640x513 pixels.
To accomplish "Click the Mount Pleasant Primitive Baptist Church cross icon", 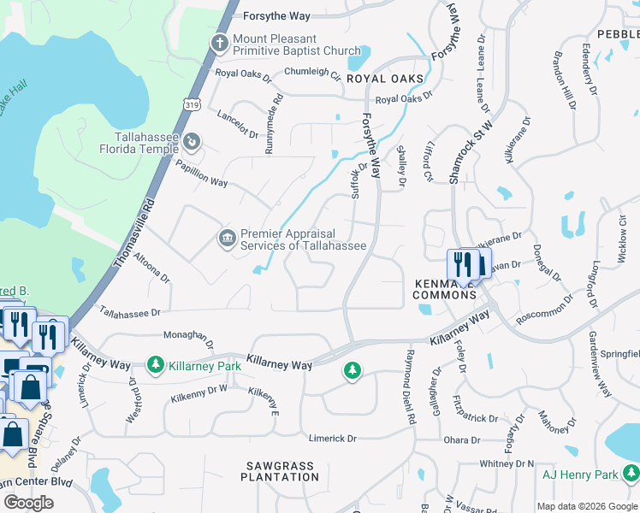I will pyautogui.click(x=220, y=41).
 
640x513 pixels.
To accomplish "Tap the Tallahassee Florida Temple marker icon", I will pyautogui.click(x=193, y=141).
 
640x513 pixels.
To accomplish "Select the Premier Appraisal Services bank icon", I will pyautogui.click(x=226, y=236).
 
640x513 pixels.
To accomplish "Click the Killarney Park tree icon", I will pyautogui.click(x=155, y=365).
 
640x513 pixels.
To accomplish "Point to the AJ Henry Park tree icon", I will pyautogui.click(x=630, y=473).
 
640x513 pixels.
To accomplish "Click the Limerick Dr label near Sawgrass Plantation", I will pyautogui.click(x=333, y=438).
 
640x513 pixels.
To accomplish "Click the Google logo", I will pyautogui.click(x=28, y=503).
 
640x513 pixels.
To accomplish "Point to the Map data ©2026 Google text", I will pyautogui.click(x=587, y=506).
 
